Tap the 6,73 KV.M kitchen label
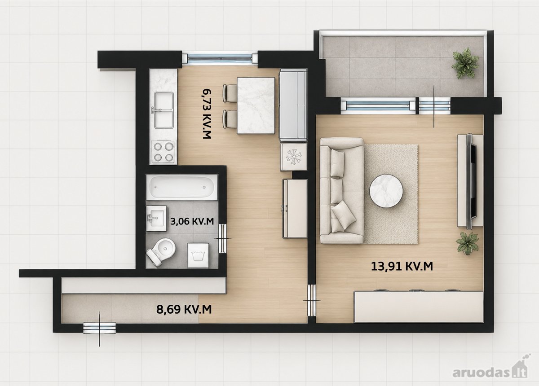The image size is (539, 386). point(207,114)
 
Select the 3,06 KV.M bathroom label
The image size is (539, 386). point(192,221)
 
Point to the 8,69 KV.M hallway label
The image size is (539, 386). point(184,309)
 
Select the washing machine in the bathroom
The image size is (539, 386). point(198,255)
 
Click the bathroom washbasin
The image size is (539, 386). point(156,218)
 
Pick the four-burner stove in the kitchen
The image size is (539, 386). point(163,152)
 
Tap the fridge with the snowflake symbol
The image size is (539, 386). point(294,157)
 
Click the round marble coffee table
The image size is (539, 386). point(386,190)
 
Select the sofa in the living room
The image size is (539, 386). point(342,190)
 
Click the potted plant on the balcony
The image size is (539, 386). point(464,62)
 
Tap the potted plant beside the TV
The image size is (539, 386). point(468,243)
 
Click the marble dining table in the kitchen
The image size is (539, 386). point(256,105)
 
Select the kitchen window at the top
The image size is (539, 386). point(220,58)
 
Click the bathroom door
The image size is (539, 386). point(223,238)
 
